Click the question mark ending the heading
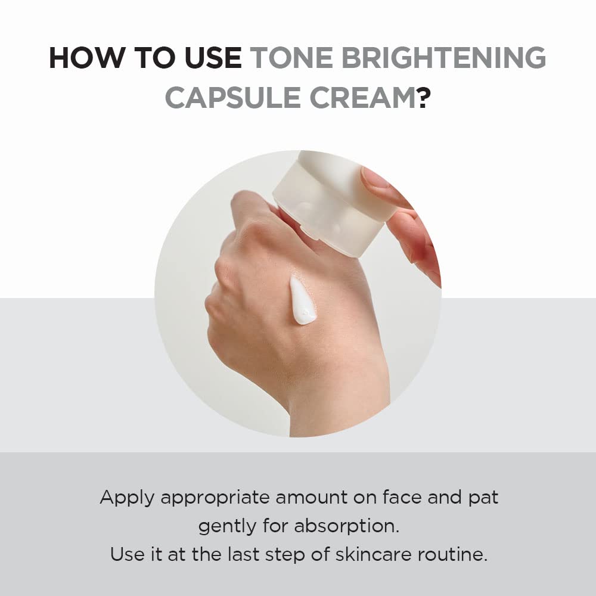coord(423,97)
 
